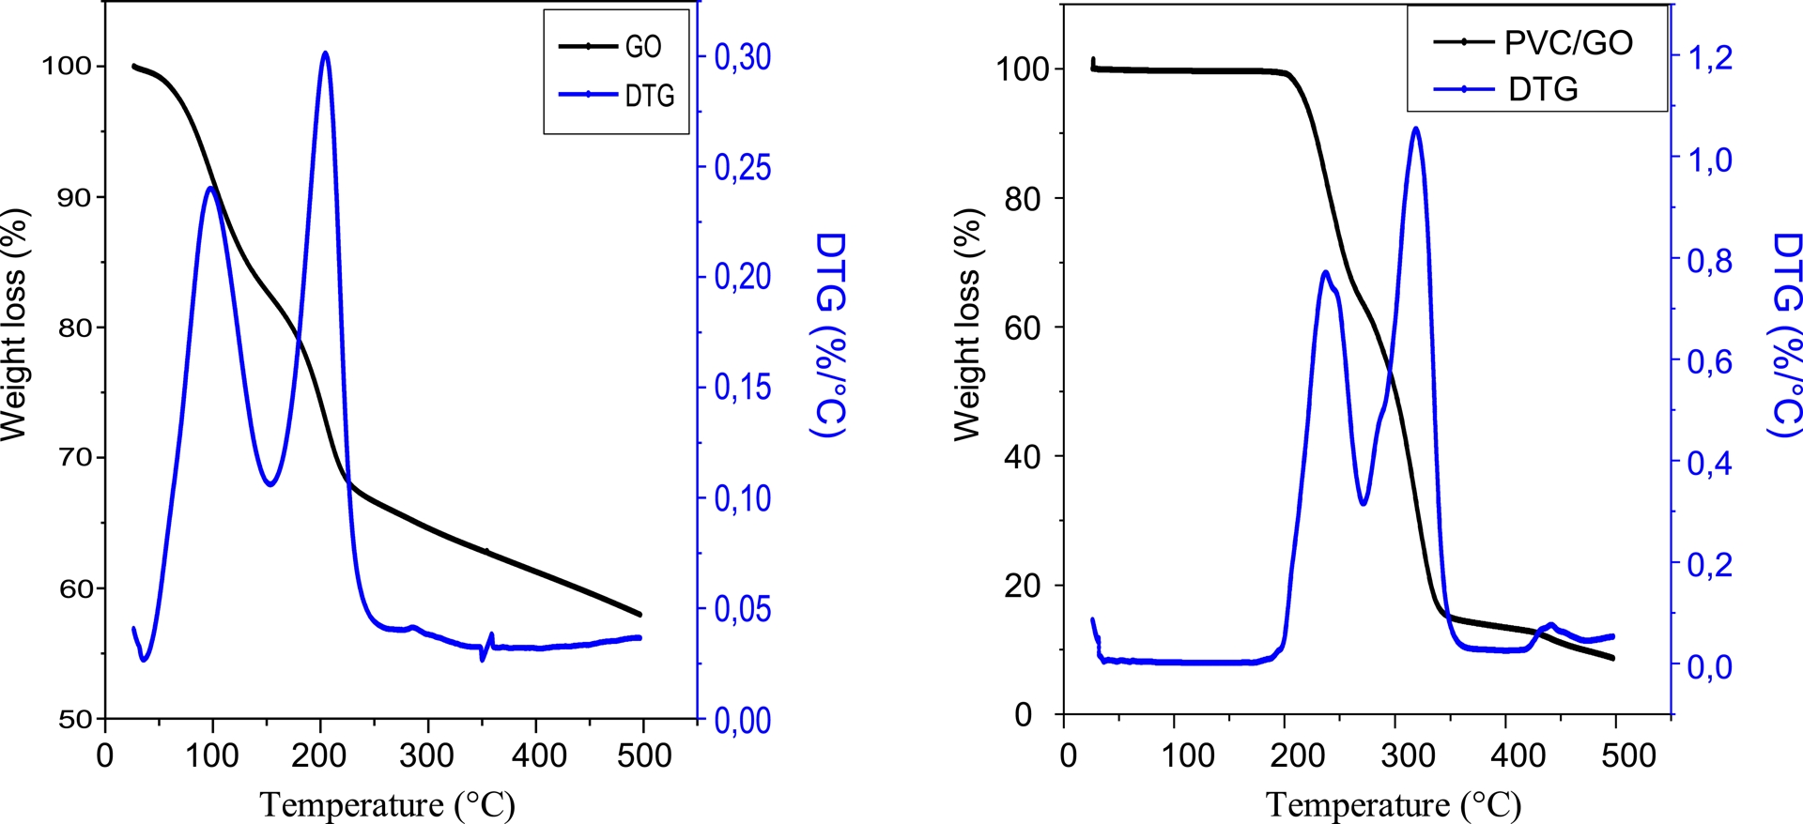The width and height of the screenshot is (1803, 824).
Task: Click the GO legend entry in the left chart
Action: tap(642, 46)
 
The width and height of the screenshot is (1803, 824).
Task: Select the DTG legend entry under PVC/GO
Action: tap(1542, 90)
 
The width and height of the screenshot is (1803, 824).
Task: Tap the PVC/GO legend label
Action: tap(1568, 42)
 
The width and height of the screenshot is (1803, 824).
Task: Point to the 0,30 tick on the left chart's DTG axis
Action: tap(742, 57)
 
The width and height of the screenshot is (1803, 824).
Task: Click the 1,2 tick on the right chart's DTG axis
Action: tap(1709, 58)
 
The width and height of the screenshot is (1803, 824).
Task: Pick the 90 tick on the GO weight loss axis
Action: tap(74, 197)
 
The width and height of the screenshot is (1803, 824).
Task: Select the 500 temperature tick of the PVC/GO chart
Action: tap(1627, 755)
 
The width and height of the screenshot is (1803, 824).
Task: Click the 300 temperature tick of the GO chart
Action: tap(427, 755)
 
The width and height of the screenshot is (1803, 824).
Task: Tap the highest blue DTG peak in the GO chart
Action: tap(325, 53)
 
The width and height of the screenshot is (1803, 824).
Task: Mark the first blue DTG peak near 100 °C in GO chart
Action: tap(209, 188)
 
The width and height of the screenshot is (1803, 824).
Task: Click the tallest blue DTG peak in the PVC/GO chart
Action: tap(1415, 129)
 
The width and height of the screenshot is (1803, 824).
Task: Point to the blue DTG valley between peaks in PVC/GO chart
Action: tap(1363, 504)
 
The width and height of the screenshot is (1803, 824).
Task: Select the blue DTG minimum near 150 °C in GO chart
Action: tap(270, 484)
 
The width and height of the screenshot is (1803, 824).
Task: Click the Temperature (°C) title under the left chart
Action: tap(387, 804)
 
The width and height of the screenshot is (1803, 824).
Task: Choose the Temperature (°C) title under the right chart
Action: tap(1394, 804)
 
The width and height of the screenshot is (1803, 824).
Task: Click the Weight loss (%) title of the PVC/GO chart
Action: tap(967, 324)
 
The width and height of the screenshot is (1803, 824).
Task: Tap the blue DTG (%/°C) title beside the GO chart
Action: tap(829, 334)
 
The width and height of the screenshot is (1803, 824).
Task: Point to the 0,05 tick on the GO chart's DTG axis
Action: tap(742, 609)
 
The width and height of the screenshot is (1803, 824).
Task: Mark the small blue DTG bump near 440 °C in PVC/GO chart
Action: tap(1550, 624)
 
